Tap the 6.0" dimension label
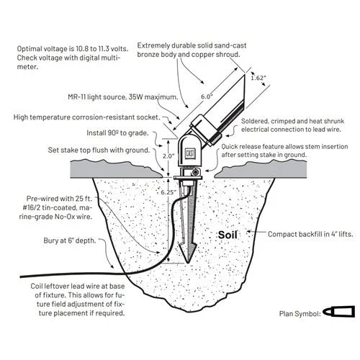coord(207,96)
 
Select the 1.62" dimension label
coord(258,78)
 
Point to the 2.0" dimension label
coord(168,156)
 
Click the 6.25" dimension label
coord(168,192)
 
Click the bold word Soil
coord(228,235)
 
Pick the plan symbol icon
coord(338,312)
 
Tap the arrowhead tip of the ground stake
coord(188,263)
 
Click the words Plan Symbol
coord(300,314)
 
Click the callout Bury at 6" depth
coord(70,240)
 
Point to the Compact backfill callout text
coord(310,234)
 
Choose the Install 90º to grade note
coord(117,132)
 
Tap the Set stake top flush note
coord(99,150)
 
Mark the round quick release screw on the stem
coord(197,172)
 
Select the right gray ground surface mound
coord(261,169)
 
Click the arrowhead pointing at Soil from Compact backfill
coord(249,232)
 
